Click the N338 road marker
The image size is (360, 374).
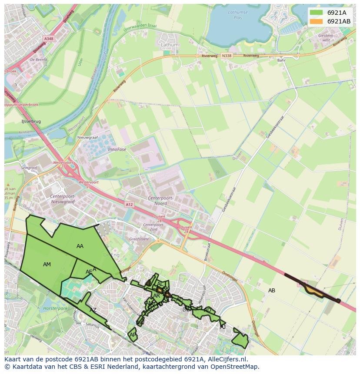coord(227,56)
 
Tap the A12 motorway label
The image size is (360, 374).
coord(129,204)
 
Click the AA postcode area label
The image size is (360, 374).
coord(80,246)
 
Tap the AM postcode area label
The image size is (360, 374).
coord(47,265)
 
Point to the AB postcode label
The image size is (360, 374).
coord(272,291)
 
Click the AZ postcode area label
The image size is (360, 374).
coord(93,310)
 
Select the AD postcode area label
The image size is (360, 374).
coord(207,310)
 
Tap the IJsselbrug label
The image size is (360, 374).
coord(31,122)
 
